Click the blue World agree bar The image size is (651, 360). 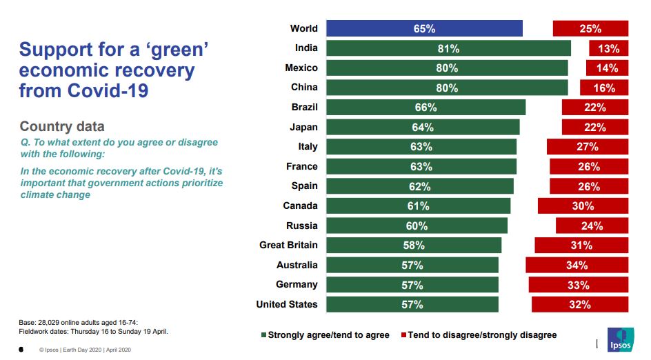(424, 28)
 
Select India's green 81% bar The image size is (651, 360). (448, 48)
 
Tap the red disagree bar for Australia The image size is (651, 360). (577, 265)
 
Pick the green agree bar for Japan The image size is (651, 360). (423, 127)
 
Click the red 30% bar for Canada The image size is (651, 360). (583, 206)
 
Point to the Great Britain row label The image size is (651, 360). (288, 245)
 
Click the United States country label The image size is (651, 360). (287, 304)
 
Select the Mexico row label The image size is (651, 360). (301, 68)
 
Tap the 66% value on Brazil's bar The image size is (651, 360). (425, 108)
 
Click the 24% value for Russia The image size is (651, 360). (592, 226)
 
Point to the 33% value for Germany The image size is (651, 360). (578, 285)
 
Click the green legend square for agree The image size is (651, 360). (263, 335)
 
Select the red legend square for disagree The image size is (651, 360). (403, 335)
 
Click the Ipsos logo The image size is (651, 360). (617, 339)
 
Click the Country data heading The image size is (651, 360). (62, 126)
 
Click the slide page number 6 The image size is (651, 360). (21, 350)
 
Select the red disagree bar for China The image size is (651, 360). (604, 88)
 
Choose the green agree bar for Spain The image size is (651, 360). (419, 186)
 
